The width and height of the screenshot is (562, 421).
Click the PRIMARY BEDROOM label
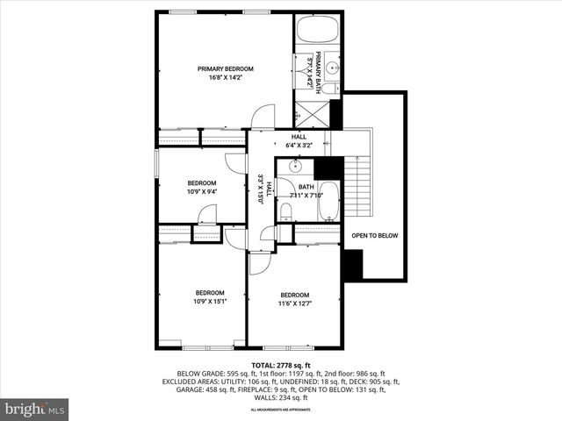225,69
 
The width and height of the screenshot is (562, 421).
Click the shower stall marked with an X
310,115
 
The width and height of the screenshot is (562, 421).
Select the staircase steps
357,185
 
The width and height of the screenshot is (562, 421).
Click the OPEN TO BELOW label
375,235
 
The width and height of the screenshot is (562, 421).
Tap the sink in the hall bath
296,166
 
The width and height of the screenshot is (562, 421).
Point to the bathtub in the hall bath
328,201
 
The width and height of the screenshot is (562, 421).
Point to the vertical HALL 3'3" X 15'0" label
260,189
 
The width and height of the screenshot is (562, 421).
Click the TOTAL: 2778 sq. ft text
280,365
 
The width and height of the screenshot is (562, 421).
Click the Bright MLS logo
35,409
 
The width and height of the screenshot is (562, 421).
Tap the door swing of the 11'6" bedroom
261,264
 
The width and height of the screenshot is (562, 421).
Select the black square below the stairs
353,265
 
